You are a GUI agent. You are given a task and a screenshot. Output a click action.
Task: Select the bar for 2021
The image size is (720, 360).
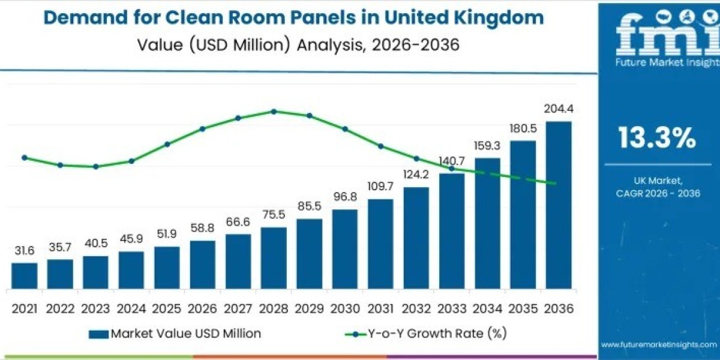[25, 275]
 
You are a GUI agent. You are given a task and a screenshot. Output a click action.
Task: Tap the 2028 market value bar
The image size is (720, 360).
[274, 258]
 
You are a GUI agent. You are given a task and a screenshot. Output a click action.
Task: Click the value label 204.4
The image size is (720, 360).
[558, 109]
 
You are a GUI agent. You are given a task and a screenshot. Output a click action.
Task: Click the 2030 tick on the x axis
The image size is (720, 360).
[345, 308]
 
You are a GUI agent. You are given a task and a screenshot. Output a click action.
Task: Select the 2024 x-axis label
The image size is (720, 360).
[131, 308]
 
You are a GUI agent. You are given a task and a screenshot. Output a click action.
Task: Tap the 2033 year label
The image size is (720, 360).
[452, 308]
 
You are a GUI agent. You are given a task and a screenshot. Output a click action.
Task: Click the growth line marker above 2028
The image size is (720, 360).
[274, 111]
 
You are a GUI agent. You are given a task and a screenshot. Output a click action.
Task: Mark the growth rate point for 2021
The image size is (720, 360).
[25, 158]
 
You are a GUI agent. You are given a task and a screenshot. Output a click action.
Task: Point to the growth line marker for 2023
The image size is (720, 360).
[96, 166]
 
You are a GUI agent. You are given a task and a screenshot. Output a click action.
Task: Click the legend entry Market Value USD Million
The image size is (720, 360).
[175, 333]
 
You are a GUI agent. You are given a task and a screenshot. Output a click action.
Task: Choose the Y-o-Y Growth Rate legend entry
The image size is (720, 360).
[419, 333]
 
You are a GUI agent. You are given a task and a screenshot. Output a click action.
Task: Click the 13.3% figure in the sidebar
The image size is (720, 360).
[658, 139]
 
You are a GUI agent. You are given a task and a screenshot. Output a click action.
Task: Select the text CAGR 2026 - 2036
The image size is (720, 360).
[658, 193]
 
